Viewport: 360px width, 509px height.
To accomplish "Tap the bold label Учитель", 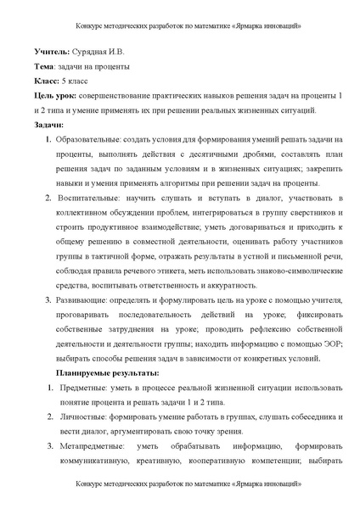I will point(49,53).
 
